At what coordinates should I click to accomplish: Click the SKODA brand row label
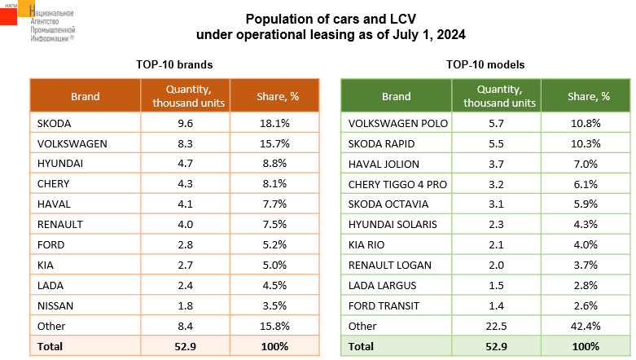tap(54, 123)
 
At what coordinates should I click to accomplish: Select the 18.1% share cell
tap(274, 123)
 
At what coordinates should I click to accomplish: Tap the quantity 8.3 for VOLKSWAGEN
tap(186, 143)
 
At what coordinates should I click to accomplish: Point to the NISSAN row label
tap(55, 306)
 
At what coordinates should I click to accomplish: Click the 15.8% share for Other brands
tap(274, 327)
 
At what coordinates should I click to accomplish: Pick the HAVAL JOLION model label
tap(384, 164)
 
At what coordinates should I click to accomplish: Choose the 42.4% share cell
tap(586, 327)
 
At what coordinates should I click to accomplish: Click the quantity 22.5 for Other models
tap(497, 327)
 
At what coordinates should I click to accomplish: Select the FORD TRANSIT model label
tap(384, 306)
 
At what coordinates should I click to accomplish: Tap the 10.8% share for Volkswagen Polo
tap(586, 123)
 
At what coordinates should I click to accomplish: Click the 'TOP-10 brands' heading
tap(174, 65)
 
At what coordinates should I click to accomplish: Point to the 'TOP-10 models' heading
tap(485, 65)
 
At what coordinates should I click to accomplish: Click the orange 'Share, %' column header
tap(278, 97)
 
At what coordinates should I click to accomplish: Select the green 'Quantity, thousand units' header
tap(500, 96)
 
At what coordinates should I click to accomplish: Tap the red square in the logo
tap(8, 16)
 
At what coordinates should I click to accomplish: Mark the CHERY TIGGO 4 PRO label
tap(397, 184)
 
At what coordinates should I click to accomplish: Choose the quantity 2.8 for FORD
tap(186, 245)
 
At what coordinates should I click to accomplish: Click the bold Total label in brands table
tap(50, 347)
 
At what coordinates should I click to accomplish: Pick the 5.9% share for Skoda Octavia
tap(586, 204)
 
